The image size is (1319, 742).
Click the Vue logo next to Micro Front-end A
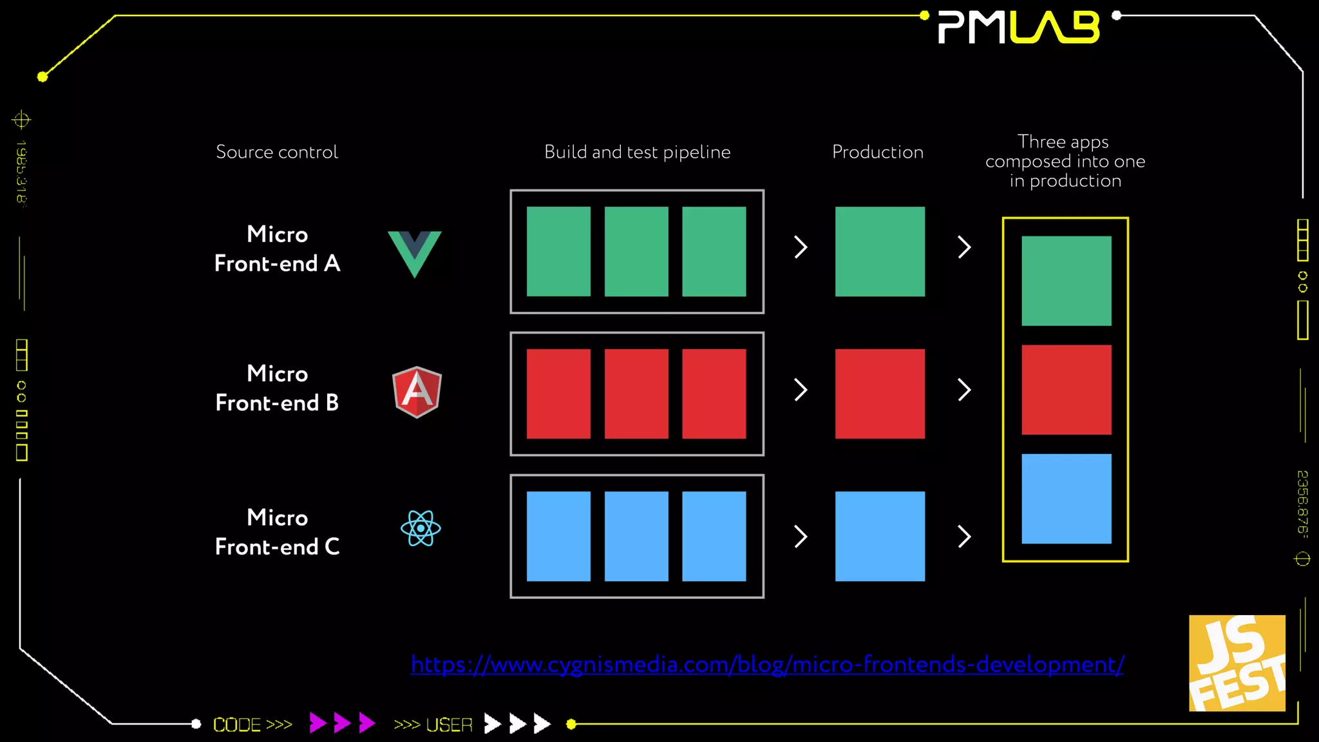415,252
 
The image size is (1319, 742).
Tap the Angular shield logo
417,392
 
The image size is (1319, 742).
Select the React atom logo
421,528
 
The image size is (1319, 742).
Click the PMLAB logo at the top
1019,28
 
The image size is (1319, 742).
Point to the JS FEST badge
1237,663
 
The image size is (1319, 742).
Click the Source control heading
277,152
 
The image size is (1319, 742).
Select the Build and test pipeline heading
637,152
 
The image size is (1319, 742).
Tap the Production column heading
877,152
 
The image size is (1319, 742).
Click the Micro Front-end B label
277,388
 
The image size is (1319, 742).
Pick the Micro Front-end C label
277,532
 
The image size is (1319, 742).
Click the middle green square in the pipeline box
636,251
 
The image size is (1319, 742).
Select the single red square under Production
880,394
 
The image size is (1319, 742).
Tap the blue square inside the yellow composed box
1067,499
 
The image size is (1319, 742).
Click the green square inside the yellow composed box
1067,281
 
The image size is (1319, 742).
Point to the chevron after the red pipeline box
801,390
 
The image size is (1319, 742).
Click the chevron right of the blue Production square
964,536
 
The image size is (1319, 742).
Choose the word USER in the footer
449,725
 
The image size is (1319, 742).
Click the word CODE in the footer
237,725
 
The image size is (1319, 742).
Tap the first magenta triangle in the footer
317,723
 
